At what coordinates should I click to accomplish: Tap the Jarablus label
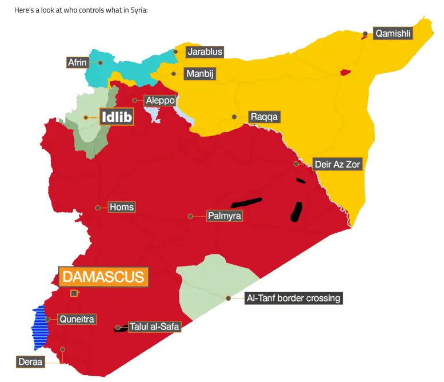204,52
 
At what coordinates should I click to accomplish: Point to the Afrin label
77,62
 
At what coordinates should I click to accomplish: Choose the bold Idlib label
117,117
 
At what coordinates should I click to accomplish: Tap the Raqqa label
265,117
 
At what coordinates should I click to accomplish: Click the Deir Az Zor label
338,164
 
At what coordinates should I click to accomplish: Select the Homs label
122,207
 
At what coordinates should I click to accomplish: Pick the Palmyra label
225,216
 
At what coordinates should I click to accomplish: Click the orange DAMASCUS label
103,277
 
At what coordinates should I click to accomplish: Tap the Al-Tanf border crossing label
293,298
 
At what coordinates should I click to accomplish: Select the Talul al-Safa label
154,327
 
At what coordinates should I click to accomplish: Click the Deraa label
30,361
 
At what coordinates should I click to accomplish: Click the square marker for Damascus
74,293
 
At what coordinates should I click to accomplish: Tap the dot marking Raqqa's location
234,117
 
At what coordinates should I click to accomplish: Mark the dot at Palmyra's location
190,216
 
